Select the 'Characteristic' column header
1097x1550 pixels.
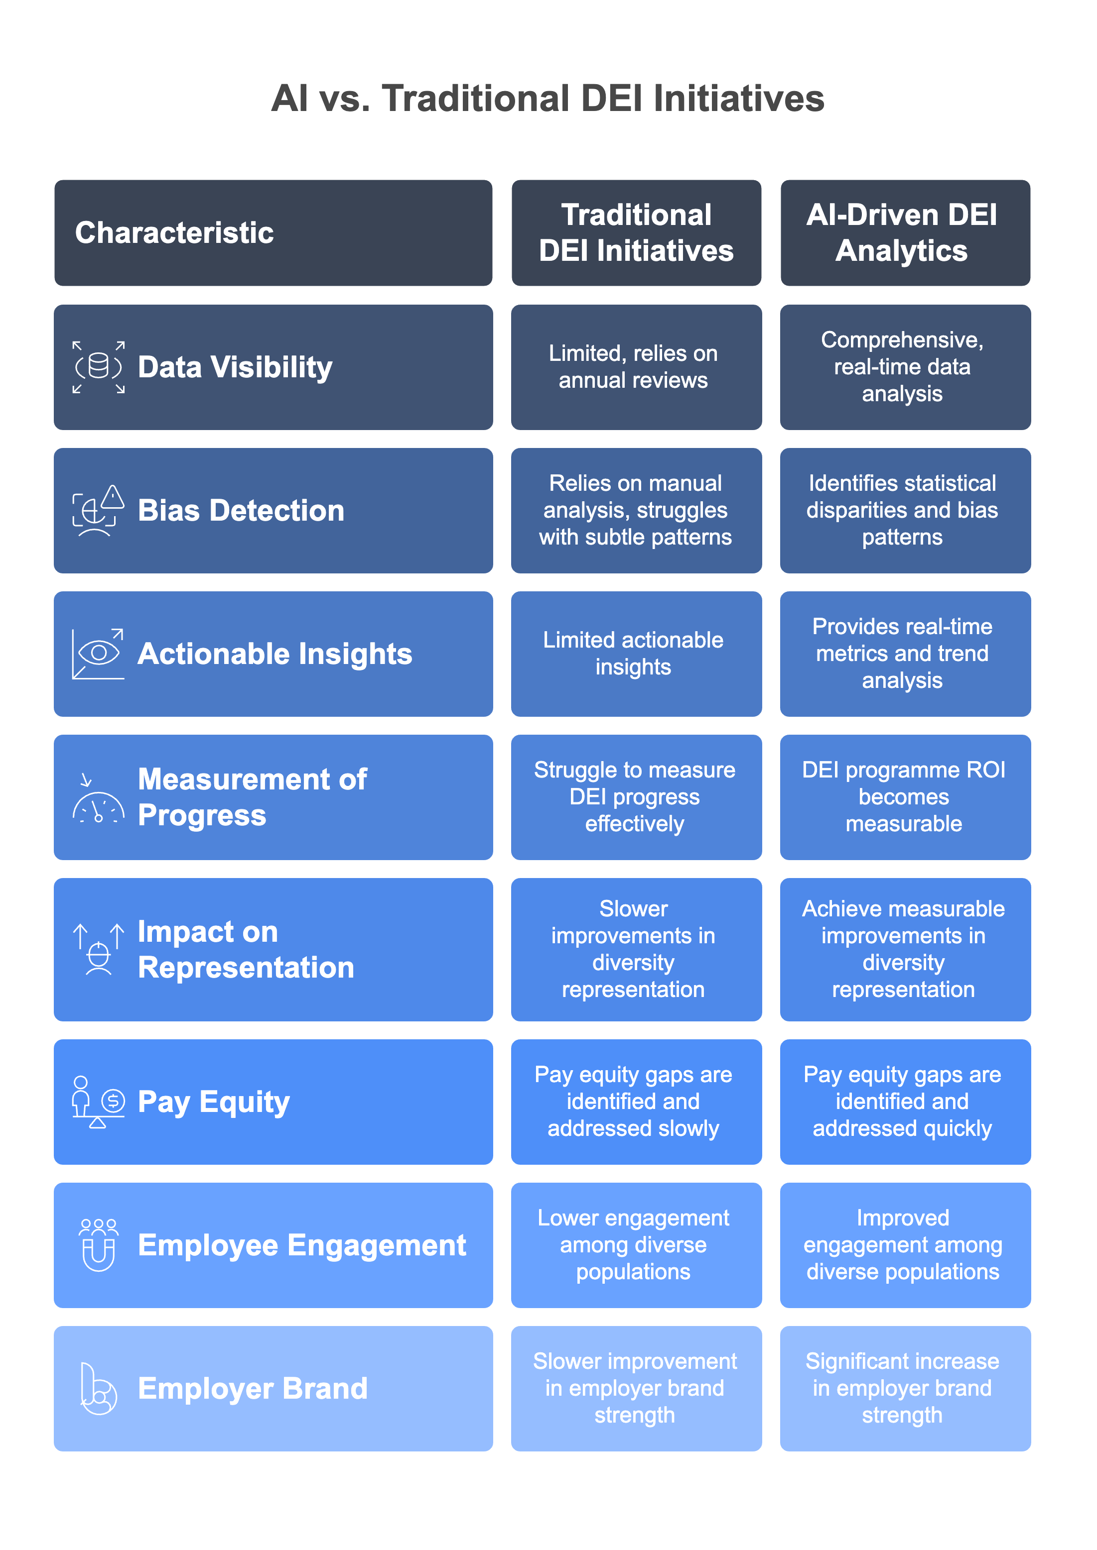[174, 233]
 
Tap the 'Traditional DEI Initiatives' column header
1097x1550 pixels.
[636, 233]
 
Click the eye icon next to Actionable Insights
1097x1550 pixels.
[99, 653]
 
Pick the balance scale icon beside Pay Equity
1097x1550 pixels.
[99, 1102]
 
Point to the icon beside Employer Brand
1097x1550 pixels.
[99, 1389]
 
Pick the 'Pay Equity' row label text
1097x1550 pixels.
[213, 1102]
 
